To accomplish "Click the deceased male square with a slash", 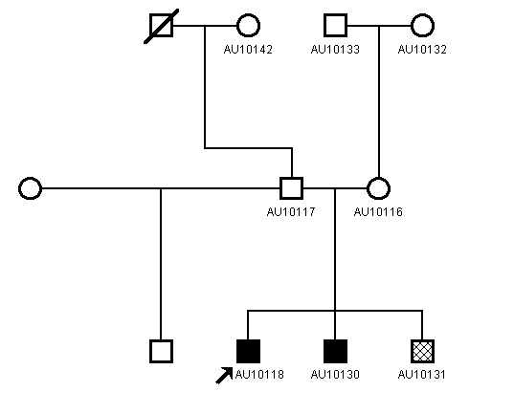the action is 161,26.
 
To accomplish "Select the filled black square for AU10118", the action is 248,352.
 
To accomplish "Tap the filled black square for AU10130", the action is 335,352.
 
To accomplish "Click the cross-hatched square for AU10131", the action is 422,352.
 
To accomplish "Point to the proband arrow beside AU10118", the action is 224,376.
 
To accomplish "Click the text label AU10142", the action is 248,50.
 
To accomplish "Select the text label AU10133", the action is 335,50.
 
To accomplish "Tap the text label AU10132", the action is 422,50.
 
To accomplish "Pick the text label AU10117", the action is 291,212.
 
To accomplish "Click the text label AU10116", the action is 378,212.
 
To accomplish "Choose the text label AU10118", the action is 259,375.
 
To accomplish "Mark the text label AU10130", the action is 335,375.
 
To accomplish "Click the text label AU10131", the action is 422,375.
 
